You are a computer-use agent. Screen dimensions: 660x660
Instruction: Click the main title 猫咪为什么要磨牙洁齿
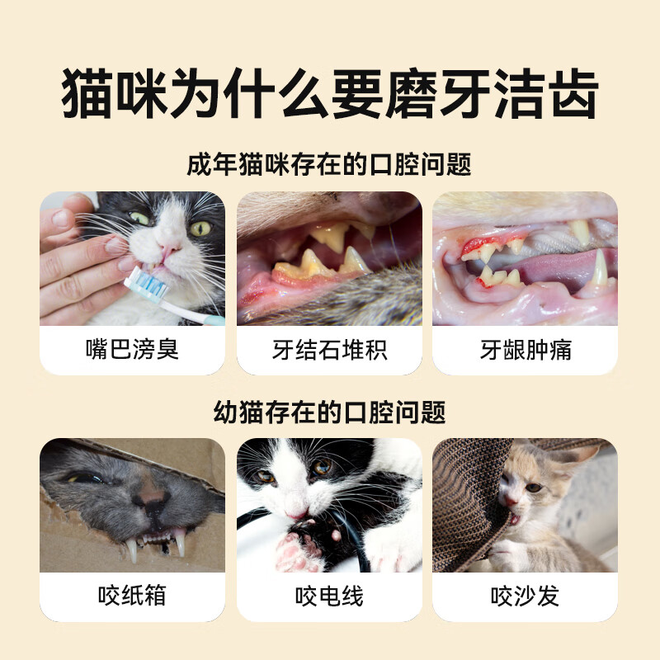tap(330, 97)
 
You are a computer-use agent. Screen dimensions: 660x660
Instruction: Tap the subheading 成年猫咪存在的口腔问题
tap(330, 164)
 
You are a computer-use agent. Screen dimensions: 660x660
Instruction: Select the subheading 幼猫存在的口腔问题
tap(330, 411)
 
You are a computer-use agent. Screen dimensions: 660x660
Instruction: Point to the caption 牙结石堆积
tap(330, 350)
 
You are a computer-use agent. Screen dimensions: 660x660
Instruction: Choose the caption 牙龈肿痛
tap(526, 350)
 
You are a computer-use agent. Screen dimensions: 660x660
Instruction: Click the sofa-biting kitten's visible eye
tap(534, 487)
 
